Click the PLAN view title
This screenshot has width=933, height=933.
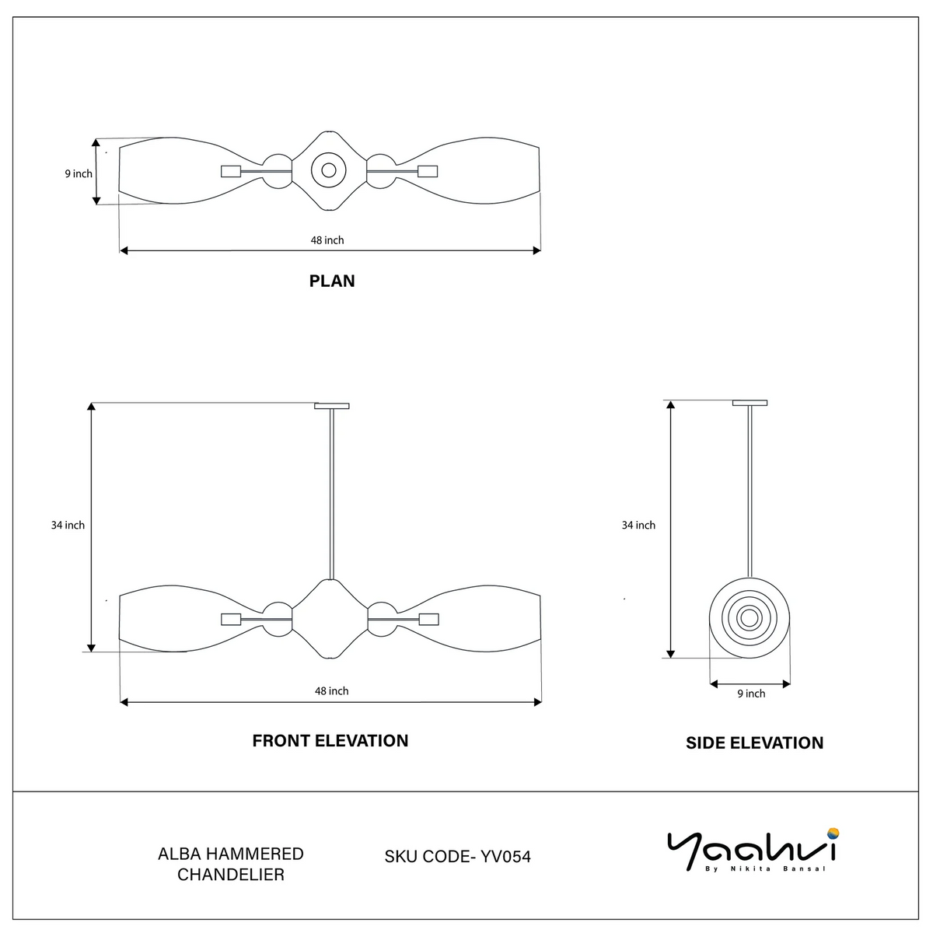(332, 281)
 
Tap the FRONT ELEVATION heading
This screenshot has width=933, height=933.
(330, 741)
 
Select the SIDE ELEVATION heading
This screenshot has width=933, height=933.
(754, 743)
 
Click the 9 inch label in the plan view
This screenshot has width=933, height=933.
(79, 174)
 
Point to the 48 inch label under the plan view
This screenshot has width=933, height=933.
(327, 240)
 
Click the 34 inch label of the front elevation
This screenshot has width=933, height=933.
(68, 525)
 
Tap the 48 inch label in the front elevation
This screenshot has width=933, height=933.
(332, 691)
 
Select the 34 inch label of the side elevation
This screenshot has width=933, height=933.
(638, 525)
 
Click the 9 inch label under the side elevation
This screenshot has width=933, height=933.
(751, 694)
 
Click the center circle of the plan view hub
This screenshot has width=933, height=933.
(329, 170)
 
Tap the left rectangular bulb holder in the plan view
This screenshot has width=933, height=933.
(231, 171)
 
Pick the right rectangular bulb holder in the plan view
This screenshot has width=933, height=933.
(428, 171)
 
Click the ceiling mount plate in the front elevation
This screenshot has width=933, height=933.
(332, 406)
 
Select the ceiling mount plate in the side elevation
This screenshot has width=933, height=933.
(750, 403)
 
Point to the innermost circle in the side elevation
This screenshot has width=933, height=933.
(750, 618)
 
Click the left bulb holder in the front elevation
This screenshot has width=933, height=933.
(231, 619)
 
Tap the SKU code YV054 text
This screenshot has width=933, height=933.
(457, 857)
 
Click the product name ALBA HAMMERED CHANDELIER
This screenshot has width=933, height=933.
(230, 864)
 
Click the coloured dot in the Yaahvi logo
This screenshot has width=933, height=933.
(833, 833)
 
